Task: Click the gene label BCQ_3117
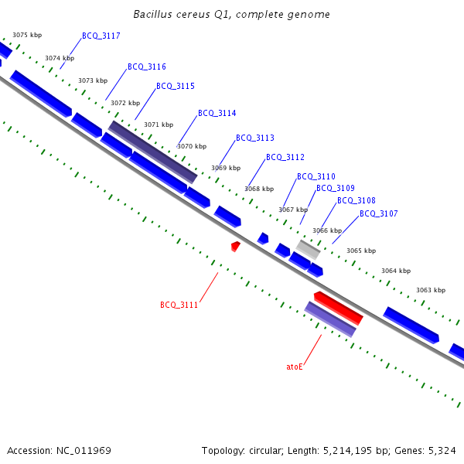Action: [x=101, y=36]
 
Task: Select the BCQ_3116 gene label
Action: [x=147, y=67]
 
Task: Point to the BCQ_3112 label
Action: [x=285, y=158]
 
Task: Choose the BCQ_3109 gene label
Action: [x=336, y=189]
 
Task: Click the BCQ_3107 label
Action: [x=379, y=214]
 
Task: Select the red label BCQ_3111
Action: [x=179, y=305]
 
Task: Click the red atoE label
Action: [x=295, y=367]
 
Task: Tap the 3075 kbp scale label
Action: [x=27, y=36]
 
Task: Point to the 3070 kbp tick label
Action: [x=192, y=146]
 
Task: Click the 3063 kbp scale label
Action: [x=431, y=291]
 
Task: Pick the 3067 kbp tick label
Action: [x=293, y=210]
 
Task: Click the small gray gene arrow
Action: [x=309, y=249]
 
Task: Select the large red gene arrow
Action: [x=339, y=308]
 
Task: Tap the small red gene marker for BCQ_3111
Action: [x=236, y=246]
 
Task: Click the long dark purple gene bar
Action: [x=152, y=152]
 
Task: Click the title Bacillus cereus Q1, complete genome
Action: [x=231, y=15]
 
